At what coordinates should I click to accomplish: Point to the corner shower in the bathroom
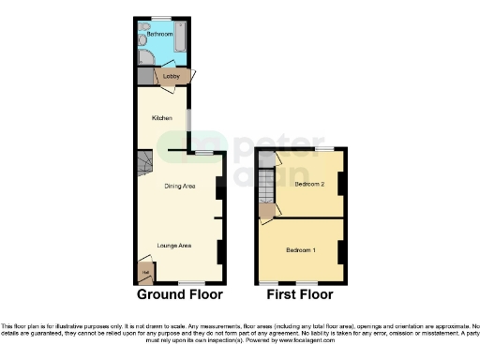pyautogui.click(x=145, y=57)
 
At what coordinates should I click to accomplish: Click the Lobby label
pyautogui.click(x=172, y=77)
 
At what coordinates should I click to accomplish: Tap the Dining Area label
pyautogui.click(x=179, y=187)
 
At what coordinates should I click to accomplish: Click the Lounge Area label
pyautogui.click(x=174, y=245)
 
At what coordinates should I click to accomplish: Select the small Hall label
pyautogui.click(x=145, y=273)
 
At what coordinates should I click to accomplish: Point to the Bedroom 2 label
pyautogui.click(x=309, y=185)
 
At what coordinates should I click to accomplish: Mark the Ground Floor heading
pyautogui.click(x=180, y=294)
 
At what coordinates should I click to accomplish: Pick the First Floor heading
pyautogui.click(x=301, y=294)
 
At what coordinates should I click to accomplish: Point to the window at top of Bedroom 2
pyautogui.click(x=323, y=149)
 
